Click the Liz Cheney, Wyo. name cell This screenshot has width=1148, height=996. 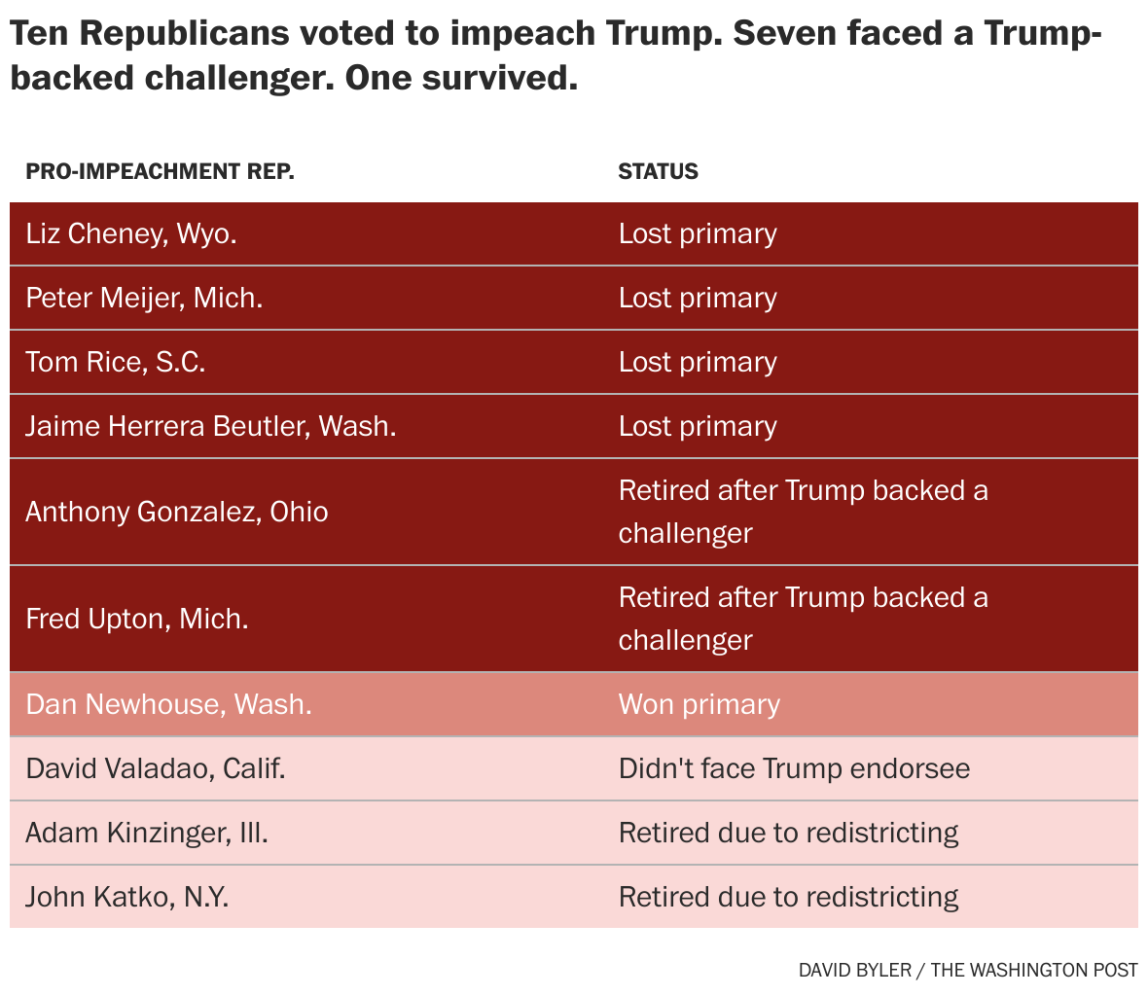pos(131,233)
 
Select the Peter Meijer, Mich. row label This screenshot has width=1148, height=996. pos(144,298)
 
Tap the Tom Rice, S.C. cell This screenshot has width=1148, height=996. pos(115,362)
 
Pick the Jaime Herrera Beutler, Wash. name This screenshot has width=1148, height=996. pos(210,426)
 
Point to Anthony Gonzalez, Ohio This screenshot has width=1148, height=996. pos(176,512)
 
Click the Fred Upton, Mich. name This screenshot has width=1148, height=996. pos(136,619)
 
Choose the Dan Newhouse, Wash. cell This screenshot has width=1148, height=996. pos(168,704)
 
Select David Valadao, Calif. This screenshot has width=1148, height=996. pos(156,768)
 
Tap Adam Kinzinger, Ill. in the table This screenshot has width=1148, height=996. pos(146,833)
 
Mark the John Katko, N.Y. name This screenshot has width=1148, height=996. pos(126,897)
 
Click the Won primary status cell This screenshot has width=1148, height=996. pos(699,704)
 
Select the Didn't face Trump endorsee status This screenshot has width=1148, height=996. pos(794,768)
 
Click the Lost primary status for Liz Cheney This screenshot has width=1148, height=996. pos(698,233)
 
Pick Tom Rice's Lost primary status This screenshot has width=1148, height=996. pos(698,362)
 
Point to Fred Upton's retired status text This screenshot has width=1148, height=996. pos(803,619)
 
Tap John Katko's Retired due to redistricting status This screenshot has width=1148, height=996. pos(788,897)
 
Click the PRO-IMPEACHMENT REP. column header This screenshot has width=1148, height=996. pos(160,171)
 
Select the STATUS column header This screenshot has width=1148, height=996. pos(658,171)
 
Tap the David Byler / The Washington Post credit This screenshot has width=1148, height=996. pos(967,970)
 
